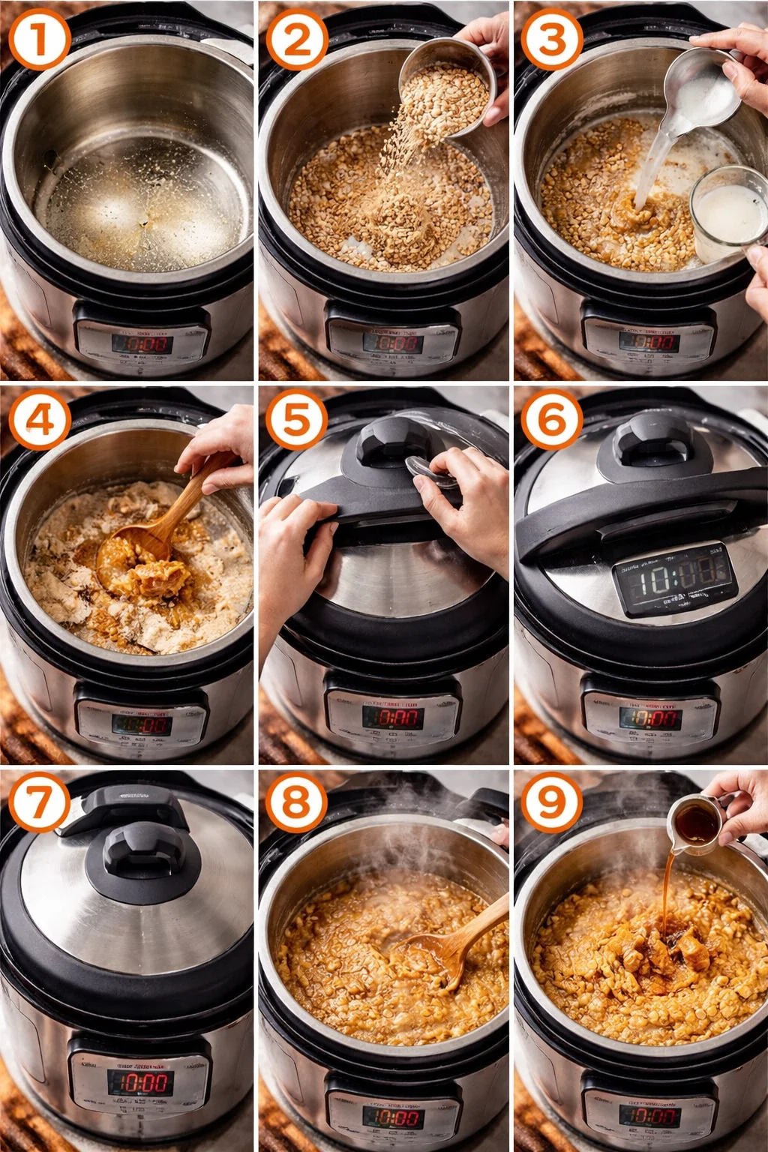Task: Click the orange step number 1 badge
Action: (38, 40)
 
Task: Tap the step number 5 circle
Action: (295, 420)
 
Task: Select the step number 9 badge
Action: (551, 802)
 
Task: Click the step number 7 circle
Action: (38, 802)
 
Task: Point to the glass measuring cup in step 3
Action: (727, 214)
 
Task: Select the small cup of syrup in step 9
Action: (695, 825)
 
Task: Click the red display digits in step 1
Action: (142, 344)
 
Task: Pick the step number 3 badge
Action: (551, 40)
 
